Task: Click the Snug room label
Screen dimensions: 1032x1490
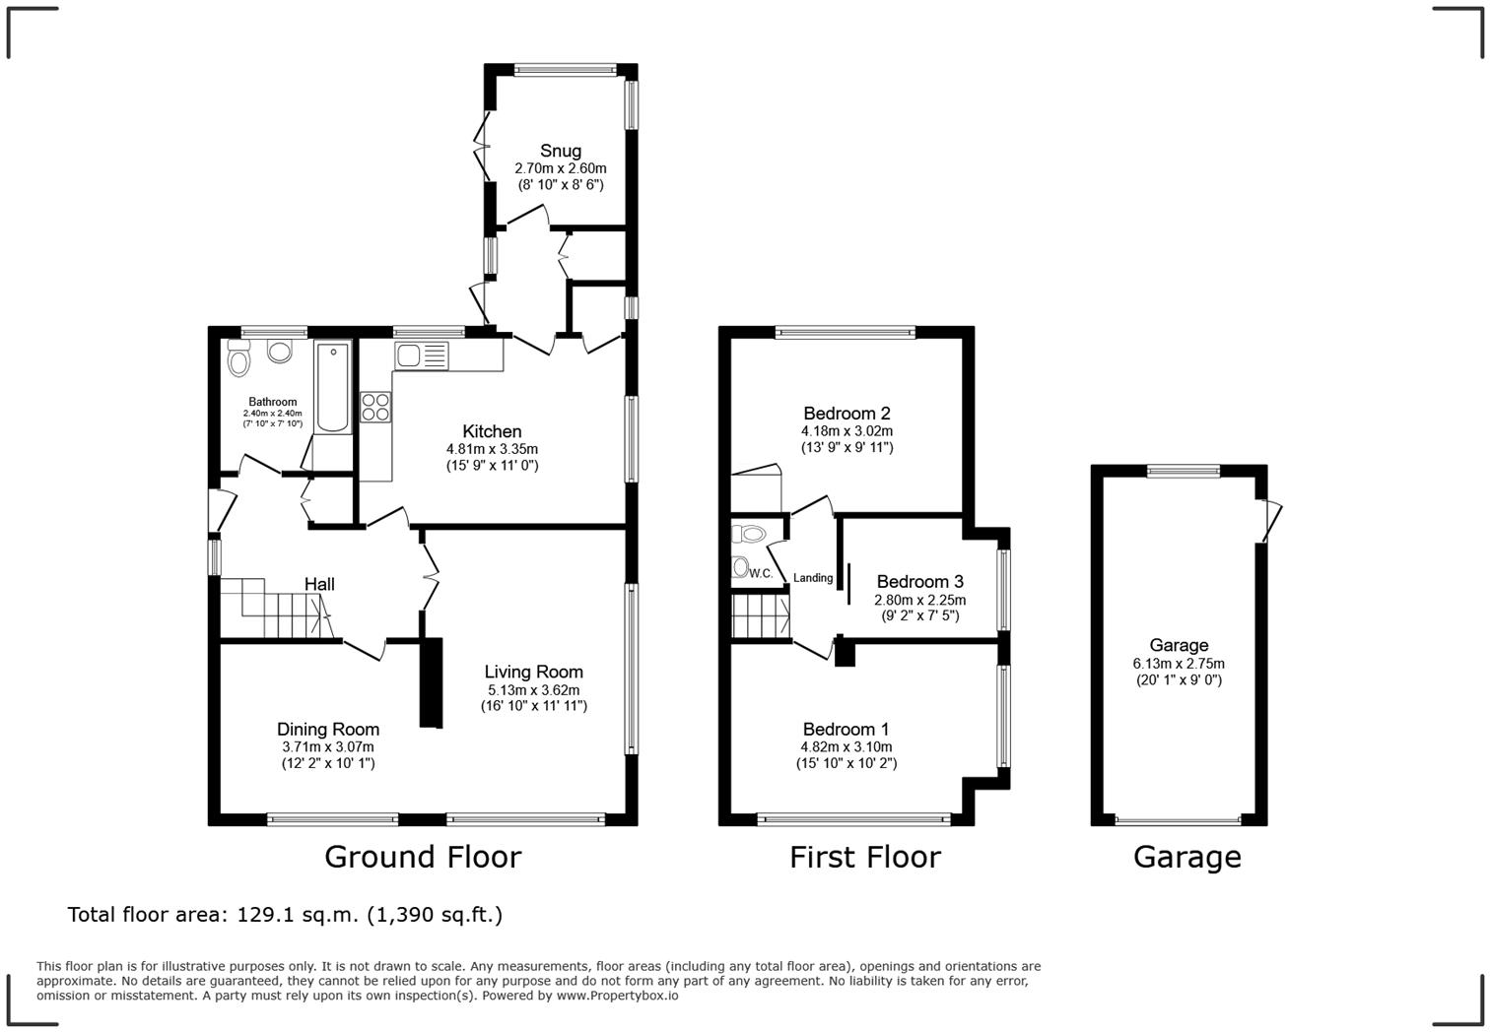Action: pyautogui.click(x=560, y=151)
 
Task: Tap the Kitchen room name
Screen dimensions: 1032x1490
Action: pyautogui.click(x=492, y=431)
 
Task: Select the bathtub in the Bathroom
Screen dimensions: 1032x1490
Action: pyautogui.click(x=333, y=388)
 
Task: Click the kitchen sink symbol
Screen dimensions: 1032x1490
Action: pyautogui.click(x=421, y=355)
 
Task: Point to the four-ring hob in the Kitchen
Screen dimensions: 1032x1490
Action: pyautogui.click(x=374, y=407)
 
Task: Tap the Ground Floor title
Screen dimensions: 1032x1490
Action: pyautogui.click(x=422, y=857)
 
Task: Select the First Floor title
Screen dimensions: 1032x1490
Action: pyautogui.click(x=864, y=857)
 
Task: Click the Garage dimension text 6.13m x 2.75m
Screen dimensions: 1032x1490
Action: pyautogui.click(x=1179, y=664)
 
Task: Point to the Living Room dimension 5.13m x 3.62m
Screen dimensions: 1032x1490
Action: pyautogui.click(x=533, y=689)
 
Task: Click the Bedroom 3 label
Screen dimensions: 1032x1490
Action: pyautogui.click(x=919, y=582)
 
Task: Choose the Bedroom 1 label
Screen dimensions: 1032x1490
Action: pyautogui.click(x=846, y=729)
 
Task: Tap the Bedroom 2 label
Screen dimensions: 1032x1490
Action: pyautogui.click(x=847, y=414)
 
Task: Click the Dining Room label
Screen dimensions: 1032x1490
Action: pyautogui.click(x=327, y=730)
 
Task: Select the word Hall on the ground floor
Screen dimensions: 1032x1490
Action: pyautogui.click(x=319, y=584)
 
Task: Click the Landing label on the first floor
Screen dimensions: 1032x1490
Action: pyautogui.click(x=813, y=578)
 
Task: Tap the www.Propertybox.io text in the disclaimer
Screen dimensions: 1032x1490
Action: pyautogui.click(x=617, y=996)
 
